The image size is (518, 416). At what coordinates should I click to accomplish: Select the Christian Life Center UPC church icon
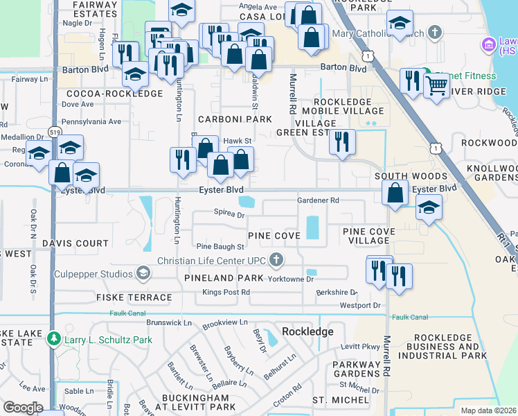[x=276, y=260]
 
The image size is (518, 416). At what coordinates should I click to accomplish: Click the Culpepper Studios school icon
[x=143, y=273]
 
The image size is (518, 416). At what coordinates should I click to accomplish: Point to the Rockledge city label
[x=308, y=331]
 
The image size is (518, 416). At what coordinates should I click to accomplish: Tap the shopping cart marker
[x=437, y=87]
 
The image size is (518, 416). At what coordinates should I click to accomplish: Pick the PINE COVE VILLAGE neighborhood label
[x=368, y=235]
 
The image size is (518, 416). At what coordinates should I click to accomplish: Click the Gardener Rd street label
[x=318, y=200]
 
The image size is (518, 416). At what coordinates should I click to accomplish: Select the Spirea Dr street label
[x=229, y=215]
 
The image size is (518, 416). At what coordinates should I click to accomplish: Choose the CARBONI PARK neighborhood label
[x=234, y=119]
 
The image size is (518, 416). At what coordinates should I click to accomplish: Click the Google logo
[x=23, y=407]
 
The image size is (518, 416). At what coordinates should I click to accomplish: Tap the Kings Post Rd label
[x=225, y=292]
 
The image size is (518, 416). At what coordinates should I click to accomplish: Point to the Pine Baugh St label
[x=220, y=246]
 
